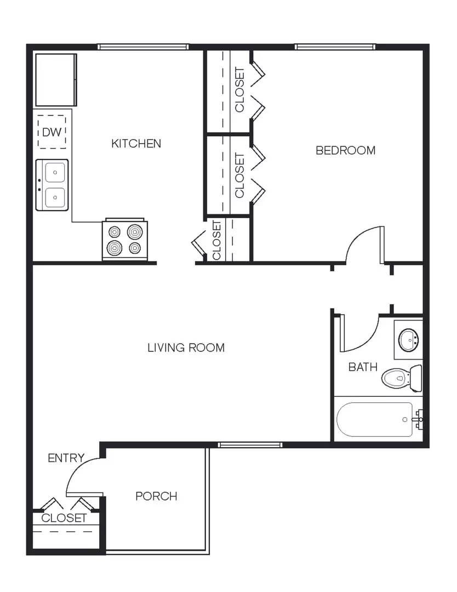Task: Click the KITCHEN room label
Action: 136,144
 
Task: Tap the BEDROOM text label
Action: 345,150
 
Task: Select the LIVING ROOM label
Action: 186,348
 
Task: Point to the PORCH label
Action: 156,496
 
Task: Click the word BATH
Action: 363,367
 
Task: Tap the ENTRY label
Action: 66,458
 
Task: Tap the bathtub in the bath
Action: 374,419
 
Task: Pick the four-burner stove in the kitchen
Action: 125,240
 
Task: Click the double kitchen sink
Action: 53,185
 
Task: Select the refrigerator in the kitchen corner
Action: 55,79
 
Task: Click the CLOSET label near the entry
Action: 64,518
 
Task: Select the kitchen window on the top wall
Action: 143,47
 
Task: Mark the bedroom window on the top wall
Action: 335,47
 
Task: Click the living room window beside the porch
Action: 243,445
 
